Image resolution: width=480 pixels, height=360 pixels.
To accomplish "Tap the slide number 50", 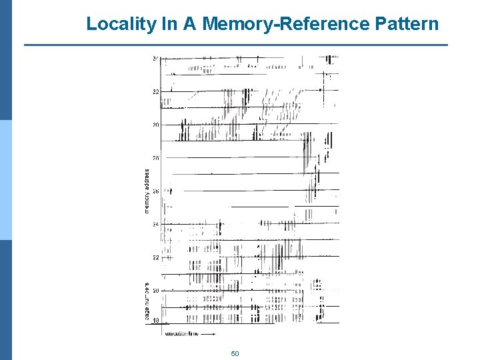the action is (x=235, y=353).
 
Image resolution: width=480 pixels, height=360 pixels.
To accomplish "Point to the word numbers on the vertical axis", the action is (x=147, y=292).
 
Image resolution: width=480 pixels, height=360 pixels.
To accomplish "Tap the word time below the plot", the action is (x=193, y=333).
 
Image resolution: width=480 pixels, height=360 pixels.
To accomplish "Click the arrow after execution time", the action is (x=209, y=333).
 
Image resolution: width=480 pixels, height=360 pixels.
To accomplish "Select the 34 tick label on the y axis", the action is (x=155, y=59).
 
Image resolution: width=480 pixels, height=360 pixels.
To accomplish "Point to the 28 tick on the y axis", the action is (x=155, y=158).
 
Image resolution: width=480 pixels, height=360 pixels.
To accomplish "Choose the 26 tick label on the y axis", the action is (x=155, y=191).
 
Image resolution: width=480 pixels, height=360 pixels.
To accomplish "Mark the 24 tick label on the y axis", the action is (x=155, y=225).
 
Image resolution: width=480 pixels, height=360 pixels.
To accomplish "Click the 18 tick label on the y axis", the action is (x=155, y=321).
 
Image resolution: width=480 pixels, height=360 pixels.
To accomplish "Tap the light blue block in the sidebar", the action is (x=5, y=180).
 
